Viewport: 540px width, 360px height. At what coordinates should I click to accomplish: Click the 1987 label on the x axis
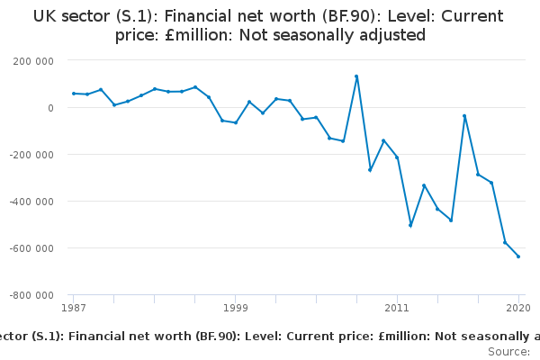coord(74,308)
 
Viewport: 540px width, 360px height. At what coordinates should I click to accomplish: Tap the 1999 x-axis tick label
coord(236,308)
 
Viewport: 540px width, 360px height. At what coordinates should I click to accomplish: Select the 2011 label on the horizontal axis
coord(397,308)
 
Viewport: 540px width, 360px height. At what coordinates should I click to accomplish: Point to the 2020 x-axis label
coord(517,308)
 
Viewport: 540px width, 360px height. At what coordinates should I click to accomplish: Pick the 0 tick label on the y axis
coord(51,107)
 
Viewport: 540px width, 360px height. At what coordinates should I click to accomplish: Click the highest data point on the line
coord(356,76)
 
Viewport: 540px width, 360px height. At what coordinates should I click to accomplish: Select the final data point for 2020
coord(518,256)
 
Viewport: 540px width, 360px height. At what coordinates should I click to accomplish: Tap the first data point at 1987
coord(74,94)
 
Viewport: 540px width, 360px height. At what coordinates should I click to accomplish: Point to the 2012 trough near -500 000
coord(410,225)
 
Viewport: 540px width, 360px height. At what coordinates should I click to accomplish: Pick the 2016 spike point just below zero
coord(464,116)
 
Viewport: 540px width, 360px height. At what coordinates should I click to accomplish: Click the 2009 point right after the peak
coord(370,170)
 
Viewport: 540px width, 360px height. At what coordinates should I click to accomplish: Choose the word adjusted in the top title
coord(389,36)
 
